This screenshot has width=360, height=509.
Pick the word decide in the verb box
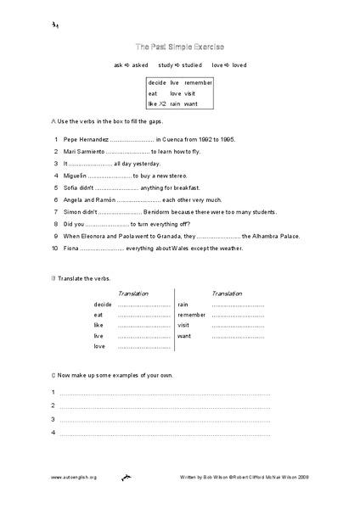tap(157, 82)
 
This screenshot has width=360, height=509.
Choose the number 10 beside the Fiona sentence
tap(54, 249)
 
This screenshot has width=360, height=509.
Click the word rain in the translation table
tap(183, 304)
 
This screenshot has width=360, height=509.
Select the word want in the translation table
tap(184, 336)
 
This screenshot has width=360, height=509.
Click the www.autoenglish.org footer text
tap(75, 478)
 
